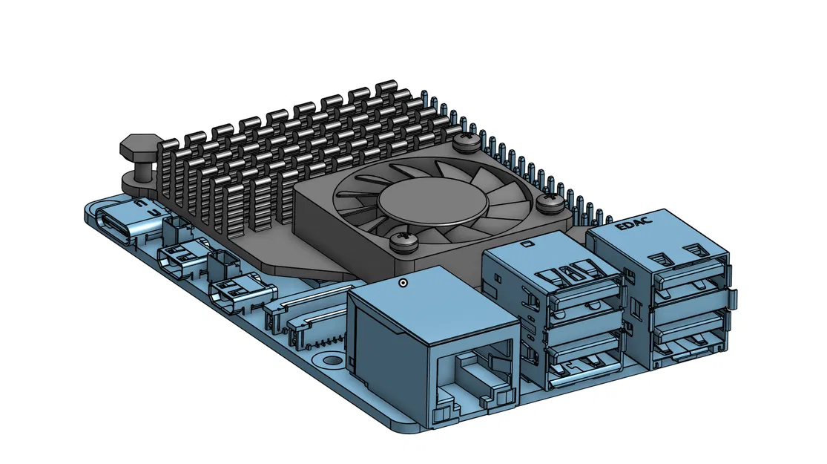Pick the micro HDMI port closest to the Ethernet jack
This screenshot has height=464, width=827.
pos(234,293)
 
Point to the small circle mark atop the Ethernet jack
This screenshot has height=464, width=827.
pos(403,282)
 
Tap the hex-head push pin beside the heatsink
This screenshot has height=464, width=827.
pos(138,153)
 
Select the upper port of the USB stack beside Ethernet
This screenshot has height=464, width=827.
pos(586,297)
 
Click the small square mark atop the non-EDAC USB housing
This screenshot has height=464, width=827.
pos(527,244)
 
